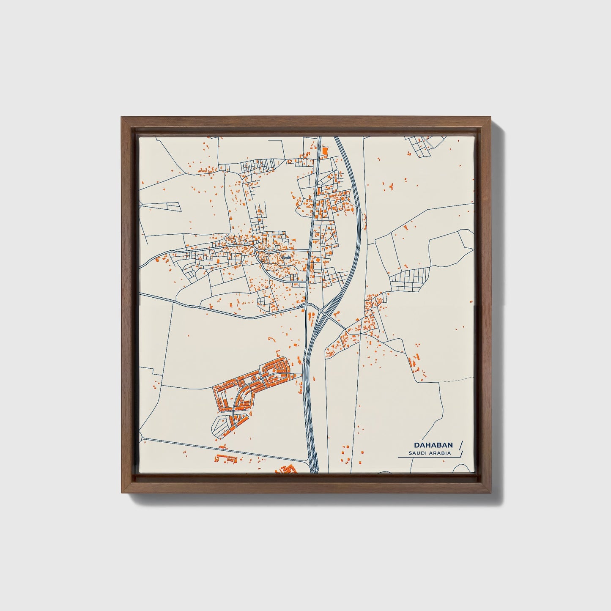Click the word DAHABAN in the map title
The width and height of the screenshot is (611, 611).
point(433,445)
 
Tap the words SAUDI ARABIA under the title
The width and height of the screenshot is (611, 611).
point(430,453)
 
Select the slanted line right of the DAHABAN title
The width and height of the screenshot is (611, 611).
point(460,445)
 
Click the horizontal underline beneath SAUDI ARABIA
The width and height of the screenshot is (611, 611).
point(427,458)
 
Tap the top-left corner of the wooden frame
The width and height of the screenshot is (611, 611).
point(122,117)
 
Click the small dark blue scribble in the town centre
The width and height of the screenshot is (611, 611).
point(287,257)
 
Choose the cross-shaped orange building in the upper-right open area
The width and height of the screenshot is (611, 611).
point(391,186)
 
